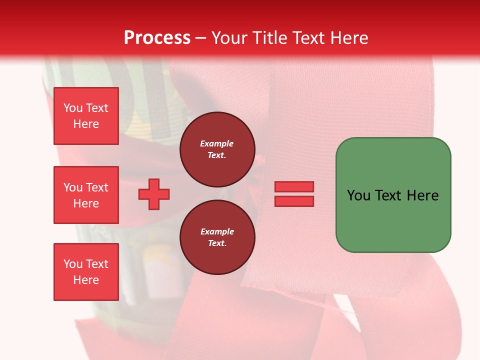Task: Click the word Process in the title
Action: click(x=157, y=38)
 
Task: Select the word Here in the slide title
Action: click(x=348, y=38)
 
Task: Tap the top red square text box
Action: click(x=86, y=116)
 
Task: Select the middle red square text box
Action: click(x=86, y=195)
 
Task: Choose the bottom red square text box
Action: click(x=86, y=271)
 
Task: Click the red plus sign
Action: click(x=154, y=194)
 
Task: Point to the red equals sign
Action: click(x=294, y=194)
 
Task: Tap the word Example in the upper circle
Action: click(x=217, y=144)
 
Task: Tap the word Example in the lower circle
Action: click(x=217, y=232)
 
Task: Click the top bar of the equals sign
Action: click(x=294, y=186)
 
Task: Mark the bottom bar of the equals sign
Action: click(x=294, y=201)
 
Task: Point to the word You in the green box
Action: click(x=359, y=195)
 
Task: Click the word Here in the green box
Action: click(x=422, y=195)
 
